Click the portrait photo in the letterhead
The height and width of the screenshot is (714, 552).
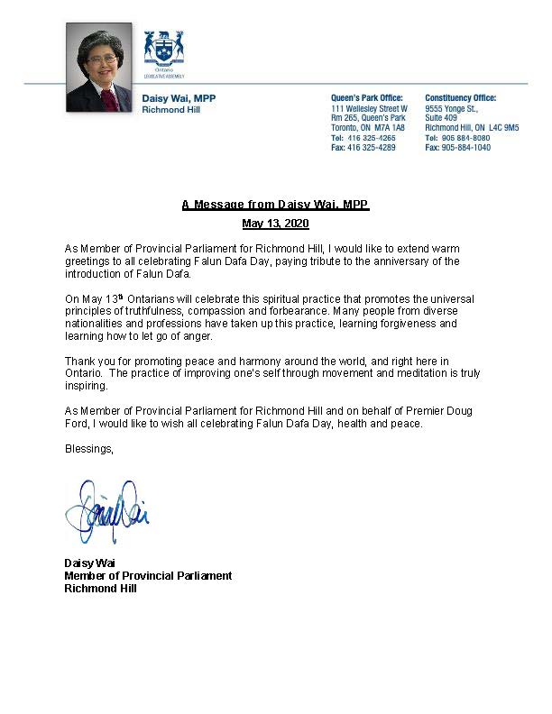98,67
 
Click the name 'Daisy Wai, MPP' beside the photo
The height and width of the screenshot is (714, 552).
179,98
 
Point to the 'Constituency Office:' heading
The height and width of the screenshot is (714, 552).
460,98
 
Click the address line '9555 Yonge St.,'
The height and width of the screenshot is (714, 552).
450,108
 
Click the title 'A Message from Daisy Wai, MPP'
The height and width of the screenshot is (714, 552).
275,205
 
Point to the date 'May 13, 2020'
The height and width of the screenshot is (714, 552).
275,223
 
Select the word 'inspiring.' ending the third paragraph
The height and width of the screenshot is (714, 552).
86,386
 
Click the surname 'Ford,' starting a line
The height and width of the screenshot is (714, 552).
77,424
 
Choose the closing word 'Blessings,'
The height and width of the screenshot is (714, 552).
89,447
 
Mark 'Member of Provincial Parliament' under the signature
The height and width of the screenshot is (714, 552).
148,575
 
